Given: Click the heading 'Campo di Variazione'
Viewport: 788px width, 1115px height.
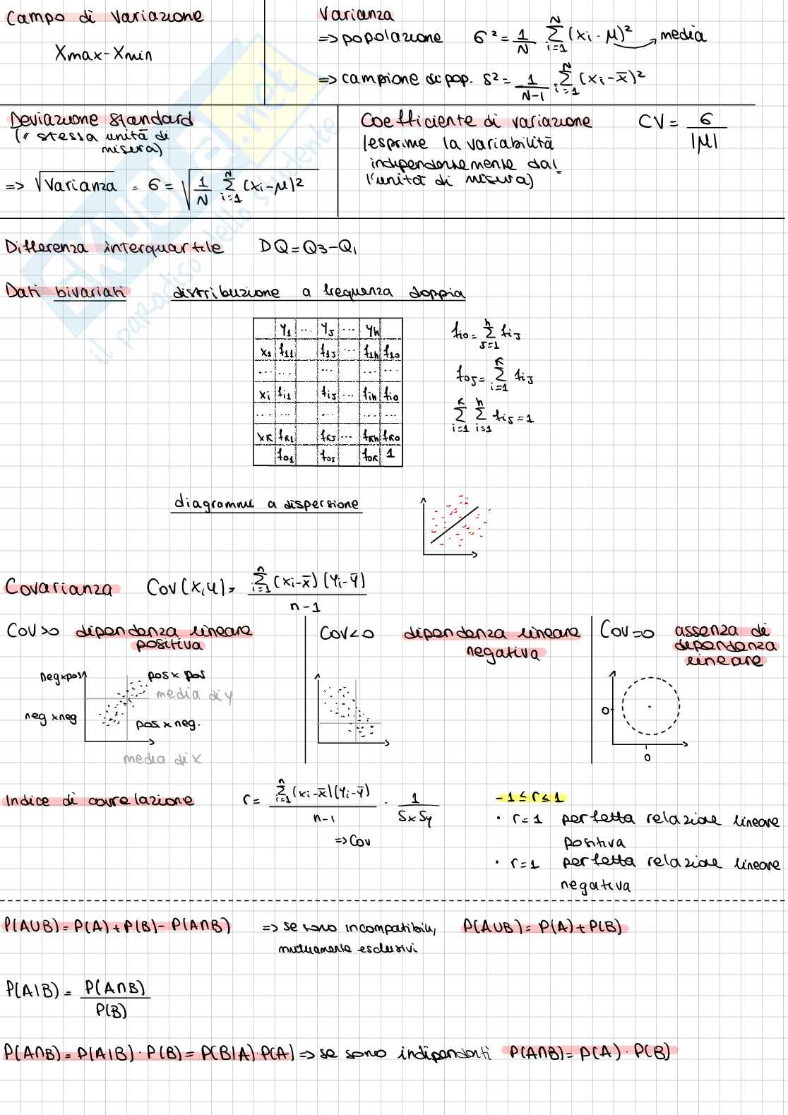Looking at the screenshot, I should tap(105, 16).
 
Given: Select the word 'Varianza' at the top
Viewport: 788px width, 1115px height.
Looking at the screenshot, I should tap(356, 14).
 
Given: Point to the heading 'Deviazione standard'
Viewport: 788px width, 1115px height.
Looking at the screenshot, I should tap(101, 119).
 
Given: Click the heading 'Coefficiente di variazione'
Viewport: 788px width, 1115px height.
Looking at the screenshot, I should tap(475, 121).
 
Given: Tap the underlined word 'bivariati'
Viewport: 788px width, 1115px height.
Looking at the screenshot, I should tap(90, 292).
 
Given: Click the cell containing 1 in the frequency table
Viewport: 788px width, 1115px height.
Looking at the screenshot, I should tap(390, 455).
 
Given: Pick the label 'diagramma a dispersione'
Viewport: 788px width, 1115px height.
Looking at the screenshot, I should tap(266, 504).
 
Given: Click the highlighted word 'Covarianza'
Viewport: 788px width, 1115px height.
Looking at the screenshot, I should tap(59, 588).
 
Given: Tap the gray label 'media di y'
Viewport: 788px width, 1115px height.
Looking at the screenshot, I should tap(193, 695).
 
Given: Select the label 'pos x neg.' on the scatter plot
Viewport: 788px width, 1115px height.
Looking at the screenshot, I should tap(167, 724).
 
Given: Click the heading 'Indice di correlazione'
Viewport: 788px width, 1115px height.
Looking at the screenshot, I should tap(99, 801).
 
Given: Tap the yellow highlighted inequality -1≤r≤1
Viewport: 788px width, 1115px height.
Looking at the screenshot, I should tap(530, 798).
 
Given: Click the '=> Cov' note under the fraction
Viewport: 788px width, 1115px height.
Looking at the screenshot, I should tap(352, 841).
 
